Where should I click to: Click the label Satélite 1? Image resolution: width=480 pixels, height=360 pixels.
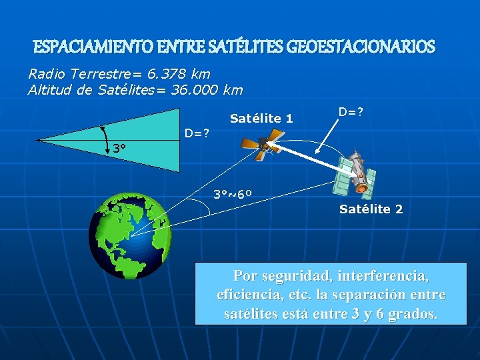[x=261, y=119]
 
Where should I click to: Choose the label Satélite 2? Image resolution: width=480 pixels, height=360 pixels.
[x=371, y=209]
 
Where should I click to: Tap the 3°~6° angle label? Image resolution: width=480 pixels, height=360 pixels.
[x=232, y=195]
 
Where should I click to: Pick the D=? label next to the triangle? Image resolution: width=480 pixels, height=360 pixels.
[x=197, y=133]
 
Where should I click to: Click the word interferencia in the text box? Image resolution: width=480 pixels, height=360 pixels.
[x=383, y=275]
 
